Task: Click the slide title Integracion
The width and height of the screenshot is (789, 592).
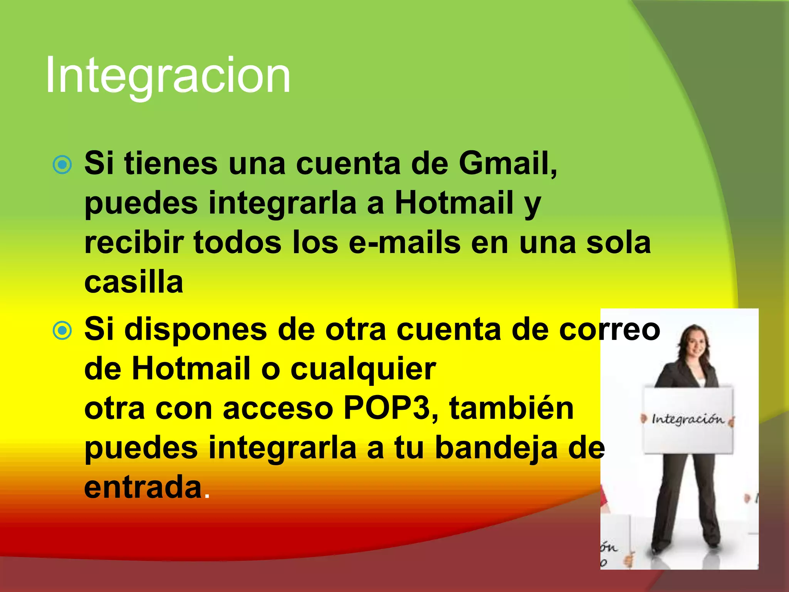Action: pyautogui.click(x=168, y=75)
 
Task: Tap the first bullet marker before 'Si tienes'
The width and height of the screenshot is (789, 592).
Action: pyautogui.click(x=62, y=165)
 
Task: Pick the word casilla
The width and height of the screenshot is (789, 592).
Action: pyautogui.click(x=134, y=282)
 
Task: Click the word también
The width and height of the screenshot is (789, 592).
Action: pyautogui.click(x=512, y=409)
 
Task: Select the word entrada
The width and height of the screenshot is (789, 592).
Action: pyautogui.click(x=143, y=488)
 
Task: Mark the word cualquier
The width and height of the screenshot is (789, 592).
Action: pyautogui.click(x=363, y=369)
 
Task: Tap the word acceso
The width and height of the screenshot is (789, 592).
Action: pyautogui.click(x=278, y=409)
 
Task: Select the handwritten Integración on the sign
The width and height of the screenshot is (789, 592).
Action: pyautogui.click(x=688, y=419)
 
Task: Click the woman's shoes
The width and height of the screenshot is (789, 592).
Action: pyautogui.click(x=686, y=547)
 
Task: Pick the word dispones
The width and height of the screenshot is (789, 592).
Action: pyautogui.click(x=196, y=330)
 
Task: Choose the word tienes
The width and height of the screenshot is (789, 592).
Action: pyautogui.click(x=171, y=164)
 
